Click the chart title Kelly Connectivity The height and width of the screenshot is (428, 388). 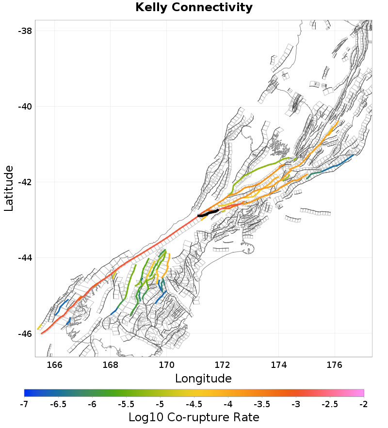point(194,8)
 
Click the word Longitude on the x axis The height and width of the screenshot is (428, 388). point(203,378)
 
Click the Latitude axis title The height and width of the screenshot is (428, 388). point(9,188)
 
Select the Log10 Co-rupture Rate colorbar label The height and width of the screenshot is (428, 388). point(194,417)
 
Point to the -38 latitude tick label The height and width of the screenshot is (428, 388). point(25,31)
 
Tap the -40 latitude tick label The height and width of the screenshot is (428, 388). point(25,106)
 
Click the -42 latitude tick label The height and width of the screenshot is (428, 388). point(25,182)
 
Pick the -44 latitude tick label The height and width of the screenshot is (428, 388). point(25,257)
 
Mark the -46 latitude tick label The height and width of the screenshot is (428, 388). point(25,333)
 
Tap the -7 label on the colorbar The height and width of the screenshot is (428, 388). point(24,404)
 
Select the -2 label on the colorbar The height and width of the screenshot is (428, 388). point(363,404)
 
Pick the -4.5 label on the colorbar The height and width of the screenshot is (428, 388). point(194,404)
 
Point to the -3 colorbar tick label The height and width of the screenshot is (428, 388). point(296,404)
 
